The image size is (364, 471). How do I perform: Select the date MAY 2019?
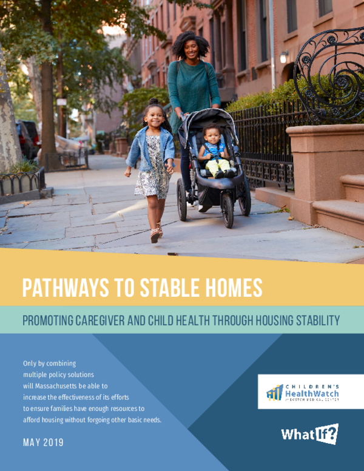tap(43, 442)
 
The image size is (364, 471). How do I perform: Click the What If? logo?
tap(309, 433)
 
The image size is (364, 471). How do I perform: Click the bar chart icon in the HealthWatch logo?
tap(275, 392)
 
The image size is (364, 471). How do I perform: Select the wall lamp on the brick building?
tap(284, 57)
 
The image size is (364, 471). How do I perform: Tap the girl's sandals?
tap(155, 234)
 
